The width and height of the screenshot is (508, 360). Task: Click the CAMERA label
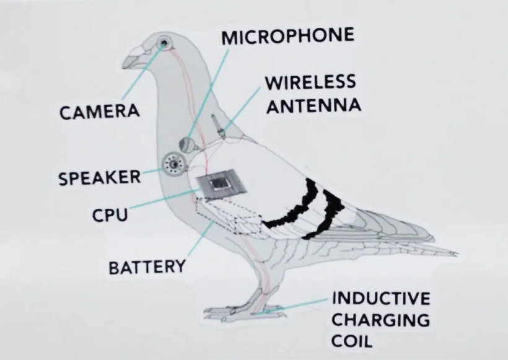(x=99, y=112)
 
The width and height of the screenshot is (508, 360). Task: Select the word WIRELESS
(x=310, y=82)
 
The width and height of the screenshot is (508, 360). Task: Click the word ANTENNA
(x=312, y=105)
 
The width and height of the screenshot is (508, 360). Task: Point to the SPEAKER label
(x=99, y=178)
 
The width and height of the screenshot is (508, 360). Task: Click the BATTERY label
(x=147, y=268)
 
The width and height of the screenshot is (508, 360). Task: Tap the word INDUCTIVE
(x=381, y=298)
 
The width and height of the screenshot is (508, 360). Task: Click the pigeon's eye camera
(x=165, y=43)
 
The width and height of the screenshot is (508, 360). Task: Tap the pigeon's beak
(x=132, y=60)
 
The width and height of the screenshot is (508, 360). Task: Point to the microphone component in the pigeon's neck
(x=188, y=144)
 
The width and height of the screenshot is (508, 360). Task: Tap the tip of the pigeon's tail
(x=455, y=253)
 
